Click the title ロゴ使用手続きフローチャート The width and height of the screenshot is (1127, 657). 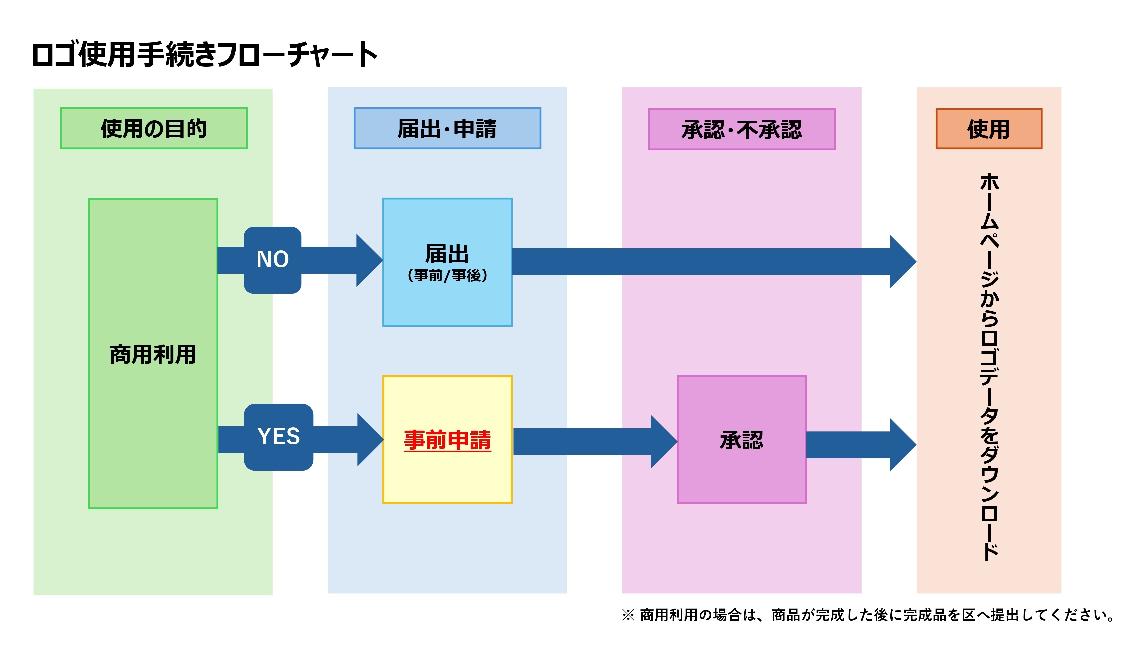tap(205, 55)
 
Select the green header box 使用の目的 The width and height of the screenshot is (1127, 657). tap(154, 128)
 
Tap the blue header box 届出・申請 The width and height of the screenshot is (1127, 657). tap(447, 128)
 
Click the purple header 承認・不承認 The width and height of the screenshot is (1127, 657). tap(741, 130)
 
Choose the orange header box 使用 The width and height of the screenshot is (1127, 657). tap(988, 129)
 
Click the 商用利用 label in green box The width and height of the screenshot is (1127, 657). tap(153, 354)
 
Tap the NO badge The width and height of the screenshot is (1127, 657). tap(272, 260)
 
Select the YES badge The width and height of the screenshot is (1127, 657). tap(278, 437)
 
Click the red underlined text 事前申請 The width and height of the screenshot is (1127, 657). tap(447, 440)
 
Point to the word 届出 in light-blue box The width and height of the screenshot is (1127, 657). tap(447, 254)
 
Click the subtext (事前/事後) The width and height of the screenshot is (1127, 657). tap(447, 275)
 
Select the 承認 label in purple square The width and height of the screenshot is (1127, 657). tap(741, 440)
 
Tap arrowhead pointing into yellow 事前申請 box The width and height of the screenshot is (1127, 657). tap(370, 440)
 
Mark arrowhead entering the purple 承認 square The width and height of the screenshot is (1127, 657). tap(664, 442)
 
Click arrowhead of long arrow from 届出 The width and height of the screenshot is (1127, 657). tap(903, 262)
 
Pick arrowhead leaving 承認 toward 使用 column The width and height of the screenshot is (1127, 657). tap(903, 445)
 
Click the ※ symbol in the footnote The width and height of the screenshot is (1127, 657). tap(628, 615)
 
